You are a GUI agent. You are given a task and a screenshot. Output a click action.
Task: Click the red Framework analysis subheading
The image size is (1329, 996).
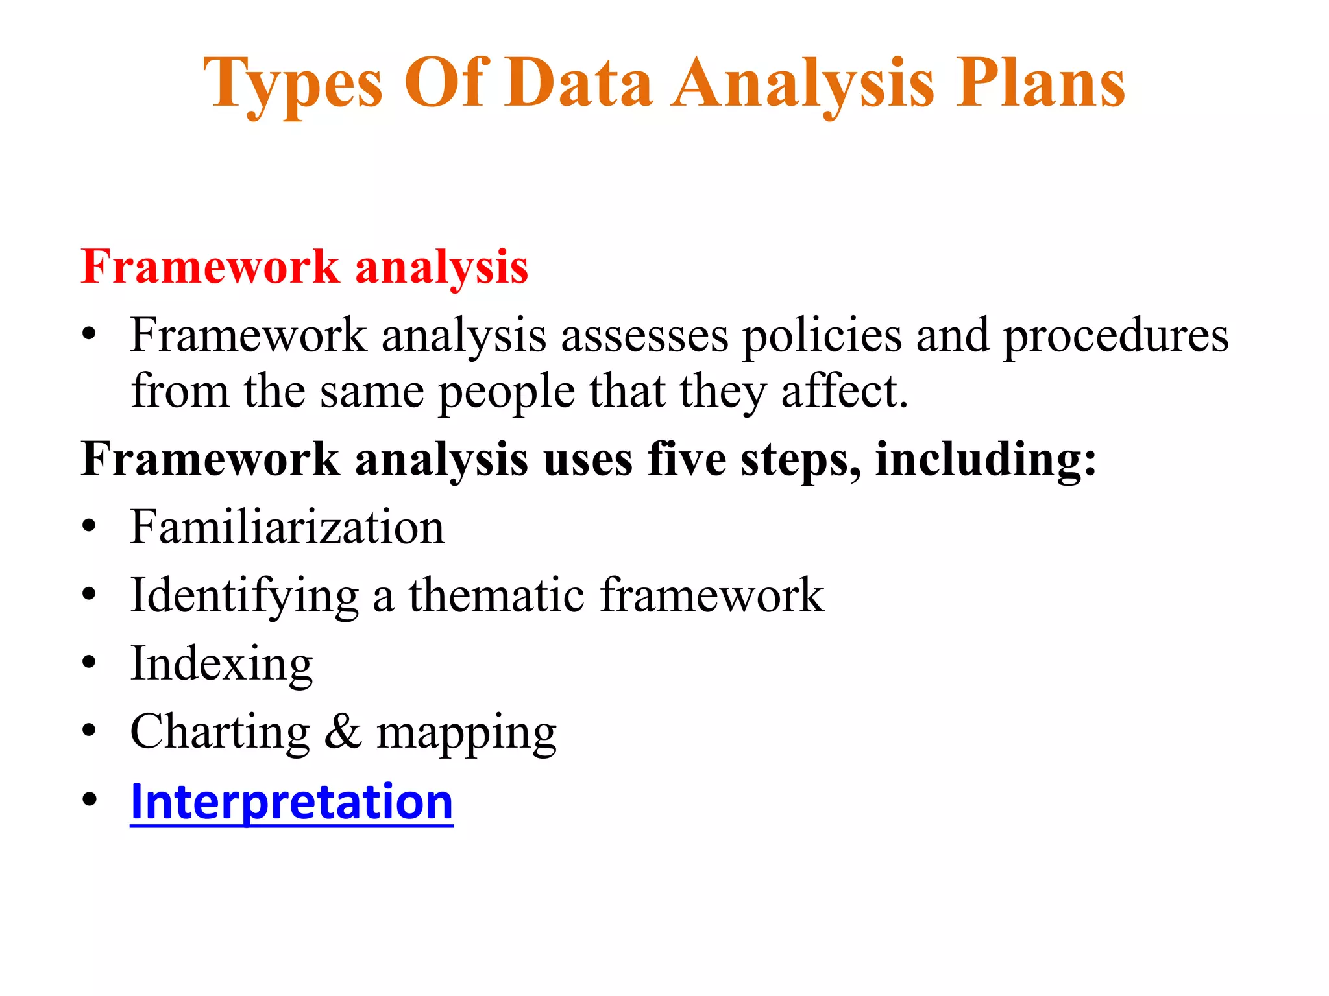tap(304, 267)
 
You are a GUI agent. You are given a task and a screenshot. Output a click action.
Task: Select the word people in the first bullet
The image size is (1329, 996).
tap(506, 392)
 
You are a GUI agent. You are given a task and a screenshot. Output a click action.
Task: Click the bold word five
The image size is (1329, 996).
tap(687, 459)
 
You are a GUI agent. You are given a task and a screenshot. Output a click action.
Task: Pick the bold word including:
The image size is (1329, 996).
tap(985, 459)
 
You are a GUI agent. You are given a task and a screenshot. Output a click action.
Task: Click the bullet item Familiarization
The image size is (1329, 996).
tap(287, 527)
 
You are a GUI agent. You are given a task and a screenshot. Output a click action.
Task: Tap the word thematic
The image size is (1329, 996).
tap(496, 595)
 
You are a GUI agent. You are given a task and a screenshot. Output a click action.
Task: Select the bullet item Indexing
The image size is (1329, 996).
tap(221, 664)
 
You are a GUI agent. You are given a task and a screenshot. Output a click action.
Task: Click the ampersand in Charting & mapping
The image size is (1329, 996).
tap(343, 731)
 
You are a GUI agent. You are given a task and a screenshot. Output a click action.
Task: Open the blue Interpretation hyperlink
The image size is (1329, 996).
tap(291, 801)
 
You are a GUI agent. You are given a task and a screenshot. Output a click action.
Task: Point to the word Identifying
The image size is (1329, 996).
tap(244, 596)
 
